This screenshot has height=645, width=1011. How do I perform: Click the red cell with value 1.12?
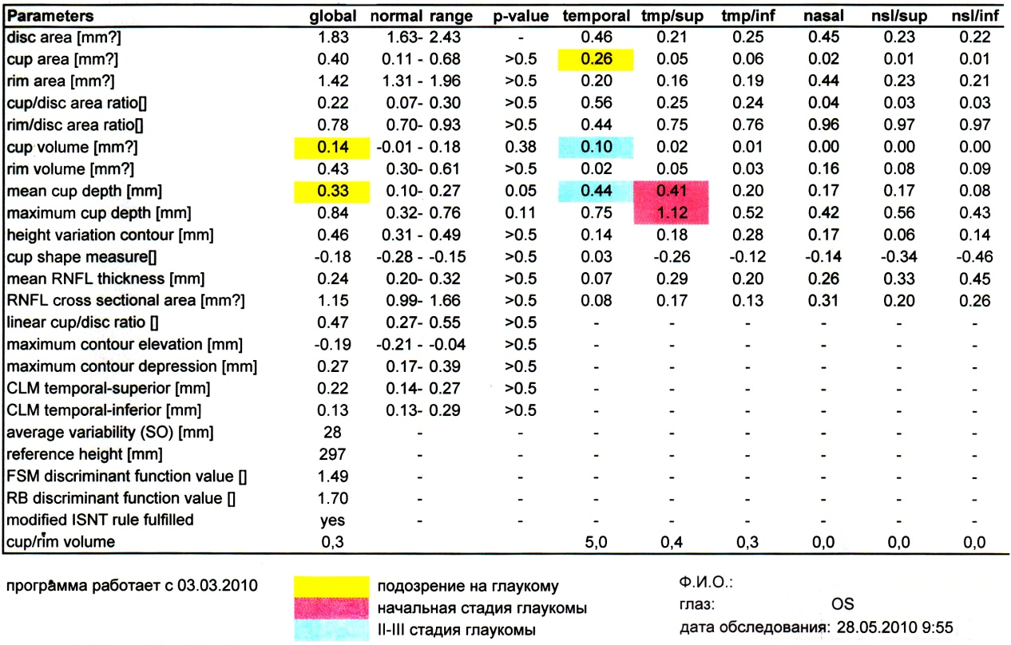[x=671, y=213]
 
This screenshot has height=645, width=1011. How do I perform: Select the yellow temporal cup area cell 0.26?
[x=596, y=60]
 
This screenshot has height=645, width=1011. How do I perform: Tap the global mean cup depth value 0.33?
[x=332, y=192]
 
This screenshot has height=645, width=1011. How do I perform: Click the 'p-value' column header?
[x=521, y=16]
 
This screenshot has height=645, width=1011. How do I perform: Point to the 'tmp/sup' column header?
[x=672, y=16]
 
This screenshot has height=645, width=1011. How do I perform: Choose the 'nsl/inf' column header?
[x=975, y=16]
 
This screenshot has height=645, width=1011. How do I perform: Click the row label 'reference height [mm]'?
[x=85, y=454]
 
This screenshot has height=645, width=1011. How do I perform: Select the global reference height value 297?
[x=332, y=454]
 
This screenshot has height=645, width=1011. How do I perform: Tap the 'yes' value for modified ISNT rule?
[x=332, y=520]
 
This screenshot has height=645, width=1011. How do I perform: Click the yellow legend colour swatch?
[x=331, y=587]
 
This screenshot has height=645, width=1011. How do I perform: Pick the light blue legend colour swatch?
[x=331, y=630]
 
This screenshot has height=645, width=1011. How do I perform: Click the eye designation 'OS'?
[x=842, y=604]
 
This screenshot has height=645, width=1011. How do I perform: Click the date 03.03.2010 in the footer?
[x=217, y=585]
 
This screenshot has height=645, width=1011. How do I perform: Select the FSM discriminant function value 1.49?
[x=333, y=477]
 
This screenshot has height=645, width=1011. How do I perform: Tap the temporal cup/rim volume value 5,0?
[x=596, y=542]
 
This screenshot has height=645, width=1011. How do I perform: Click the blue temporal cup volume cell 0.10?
[x=596, y=148]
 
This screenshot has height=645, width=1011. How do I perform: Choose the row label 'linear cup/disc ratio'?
[x=82, y=322]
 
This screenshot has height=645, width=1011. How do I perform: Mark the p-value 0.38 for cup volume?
[x=521, y=147]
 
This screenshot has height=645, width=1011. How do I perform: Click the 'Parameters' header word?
[x=50, y=16]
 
